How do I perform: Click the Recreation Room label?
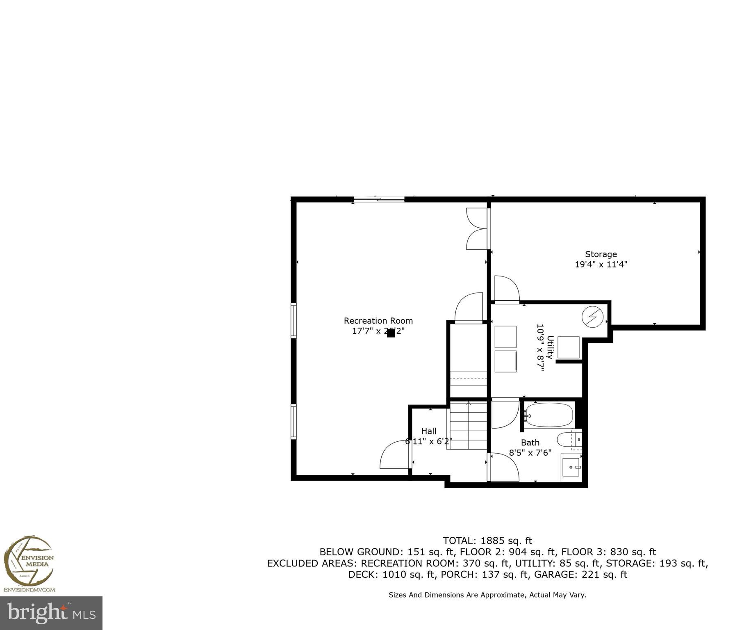click(x=378, y=321)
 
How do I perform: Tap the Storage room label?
click(x=601, y=254)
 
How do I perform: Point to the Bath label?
click(x=530, y=443)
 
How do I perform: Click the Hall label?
click(x=429, y=431)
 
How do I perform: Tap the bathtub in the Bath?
click(x=549, y=415)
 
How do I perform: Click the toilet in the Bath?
click(x=567, y=440)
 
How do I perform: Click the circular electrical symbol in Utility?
click(x=593, y=317)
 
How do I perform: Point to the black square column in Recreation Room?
click(x=391, y=333)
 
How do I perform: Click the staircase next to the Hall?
click(x=468, y=426)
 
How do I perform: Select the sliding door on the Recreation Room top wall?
click(x=379, y=200)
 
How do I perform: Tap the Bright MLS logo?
click(x=51, y=613)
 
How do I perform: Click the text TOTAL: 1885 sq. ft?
click(x=487, y=541)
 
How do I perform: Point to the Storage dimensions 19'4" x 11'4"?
click(x=601, y=265)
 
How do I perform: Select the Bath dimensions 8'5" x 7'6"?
click(x=530, y=453)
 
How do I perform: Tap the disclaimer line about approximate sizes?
click(x=487, y=595)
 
